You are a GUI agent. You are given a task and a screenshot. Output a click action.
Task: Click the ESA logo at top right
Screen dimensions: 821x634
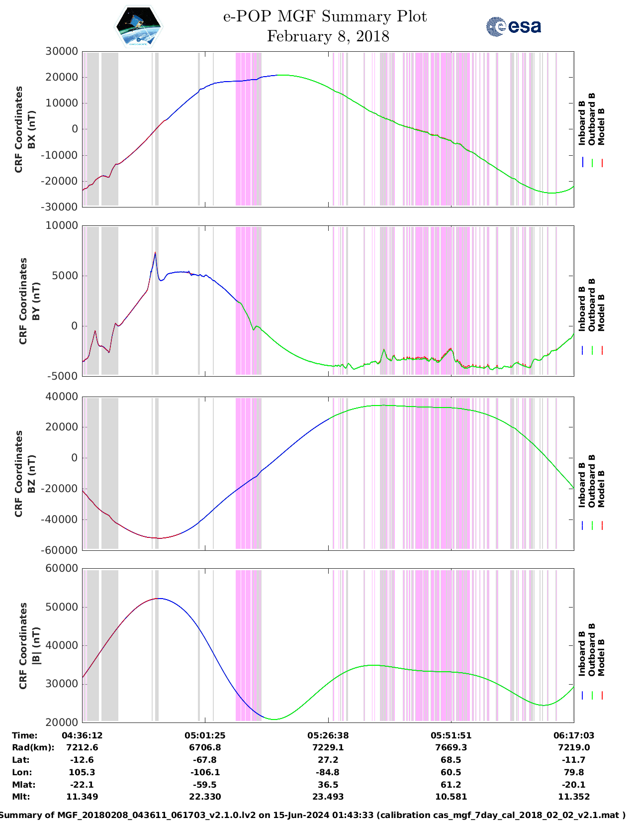point(513,26)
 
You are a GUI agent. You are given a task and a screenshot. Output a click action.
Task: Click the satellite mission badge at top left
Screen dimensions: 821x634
point(138,26)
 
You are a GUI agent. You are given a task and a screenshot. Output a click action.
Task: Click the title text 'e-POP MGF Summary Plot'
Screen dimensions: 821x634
point(325,16)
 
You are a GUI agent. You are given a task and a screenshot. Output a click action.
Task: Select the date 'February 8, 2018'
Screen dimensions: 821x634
point(328,36)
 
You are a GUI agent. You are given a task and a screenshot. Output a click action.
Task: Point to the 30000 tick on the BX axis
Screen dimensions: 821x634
point(61,51)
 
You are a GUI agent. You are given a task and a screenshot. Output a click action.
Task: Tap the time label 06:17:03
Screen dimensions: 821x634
point(574,735)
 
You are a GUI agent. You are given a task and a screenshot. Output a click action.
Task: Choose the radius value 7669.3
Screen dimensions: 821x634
point(451,747)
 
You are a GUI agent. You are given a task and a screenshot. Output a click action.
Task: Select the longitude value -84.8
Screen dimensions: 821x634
point(328,772)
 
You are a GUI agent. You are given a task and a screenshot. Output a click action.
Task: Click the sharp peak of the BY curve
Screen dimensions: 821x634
point(155,253)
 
